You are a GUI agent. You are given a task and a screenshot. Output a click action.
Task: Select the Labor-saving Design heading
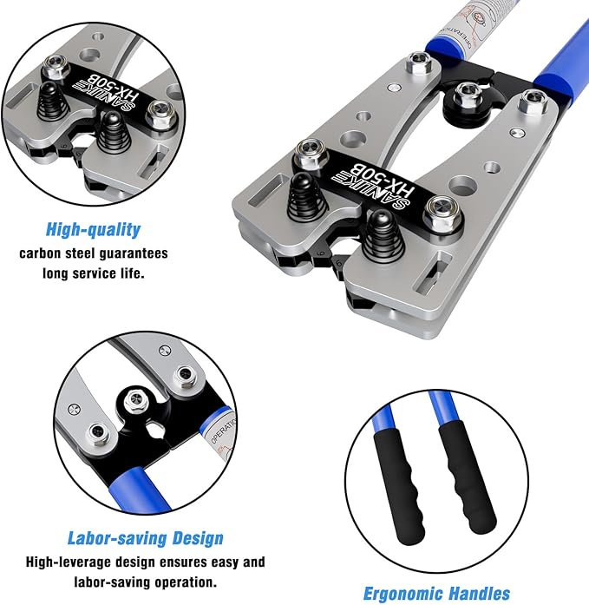pos(145,538)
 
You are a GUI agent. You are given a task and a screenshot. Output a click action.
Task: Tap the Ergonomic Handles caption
pos(435,593)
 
